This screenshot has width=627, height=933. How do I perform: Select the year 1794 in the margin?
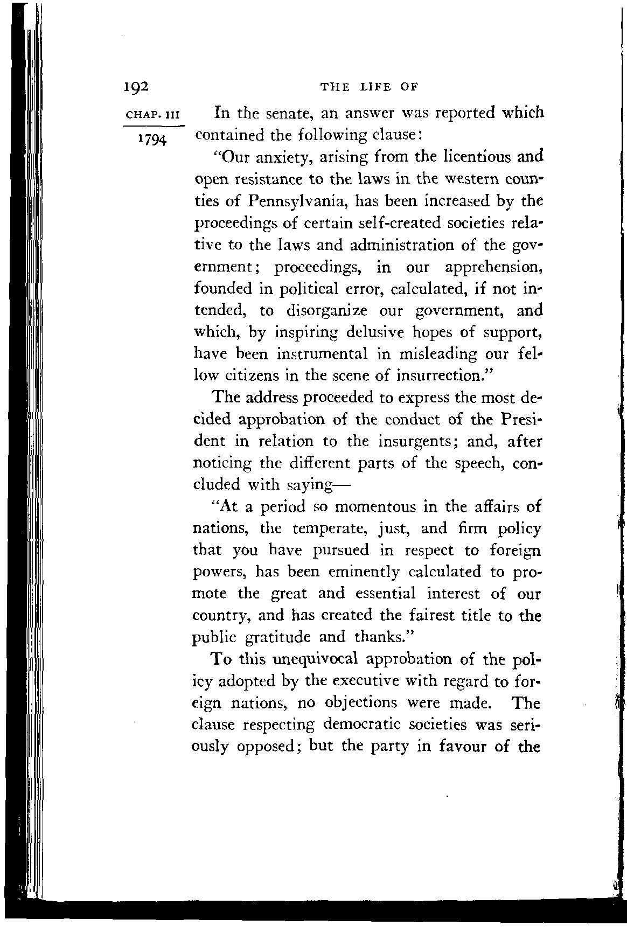click(152, 138)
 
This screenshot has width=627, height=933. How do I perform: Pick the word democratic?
click(368, 725)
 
